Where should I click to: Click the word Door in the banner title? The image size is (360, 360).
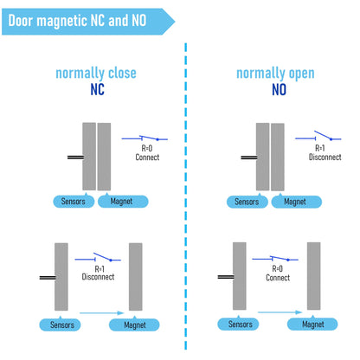(x=20, y=21)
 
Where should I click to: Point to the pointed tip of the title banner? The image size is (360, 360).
(x=175, y=22)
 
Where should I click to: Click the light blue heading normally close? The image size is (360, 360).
(x=96, y=73)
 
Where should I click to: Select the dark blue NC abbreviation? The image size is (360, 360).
(x=97, y=89)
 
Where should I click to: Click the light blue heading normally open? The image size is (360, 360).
(x=275, y=74)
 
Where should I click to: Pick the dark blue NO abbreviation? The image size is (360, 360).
(x=279, y=89)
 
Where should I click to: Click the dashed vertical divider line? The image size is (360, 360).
(x=186, y=196)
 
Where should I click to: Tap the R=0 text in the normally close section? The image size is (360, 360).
(x=147, y=148)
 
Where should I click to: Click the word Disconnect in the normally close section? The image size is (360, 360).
(x=98, y=277)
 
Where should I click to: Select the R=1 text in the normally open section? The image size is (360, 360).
(x=320, y=148)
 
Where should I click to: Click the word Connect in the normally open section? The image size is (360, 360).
(x=278, y=278)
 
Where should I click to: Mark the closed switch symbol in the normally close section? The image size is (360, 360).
(x=145, y=138)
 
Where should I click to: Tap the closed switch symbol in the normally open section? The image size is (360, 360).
(x=275, y=259)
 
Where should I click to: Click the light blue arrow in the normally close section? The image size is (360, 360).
(x=102, y=312)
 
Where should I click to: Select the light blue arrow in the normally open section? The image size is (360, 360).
(x=280, y=312)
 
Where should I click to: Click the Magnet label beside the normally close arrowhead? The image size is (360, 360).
(x=134, y=325)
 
